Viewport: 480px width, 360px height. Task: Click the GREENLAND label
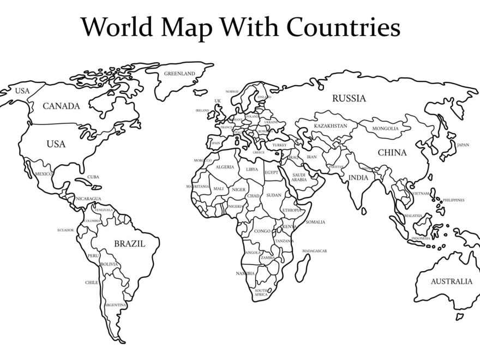pyautogui.click(x=179, y=73)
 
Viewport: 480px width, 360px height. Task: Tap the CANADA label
pyautogui.click(x=61, y=106)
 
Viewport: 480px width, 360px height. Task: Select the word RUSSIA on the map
pyautogui.click(x=349, y=99)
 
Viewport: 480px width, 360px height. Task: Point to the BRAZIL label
pyautogui.click(x=129, y=244)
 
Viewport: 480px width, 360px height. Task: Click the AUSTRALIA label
pyautogui.click(x=452, y=281)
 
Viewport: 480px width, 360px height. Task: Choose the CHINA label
pyautogui.click(x=392, y=153)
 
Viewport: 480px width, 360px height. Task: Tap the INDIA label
pyautogui.click(x=358, y=177)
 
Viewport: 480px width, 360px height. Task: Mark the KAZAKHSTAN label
pyautogui.click(x=330, y=126)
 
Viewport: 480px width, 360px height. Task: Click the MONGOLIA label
pyautogui.click(x=385, y=129)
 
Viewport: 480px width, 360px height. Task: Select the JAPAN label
pyautogui.click(x=463, y=145)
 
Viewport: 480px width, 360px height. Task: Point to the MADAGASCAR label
pyautogui.click(x=314, y=251)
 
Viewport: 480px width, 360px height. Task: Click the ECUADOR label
pyautogui.click(x=65, y=230)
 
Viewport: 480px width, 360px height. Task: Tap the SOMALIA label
pyautogui.click(x=315, y=222)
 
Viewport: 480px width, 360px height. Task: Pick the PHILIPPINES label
pyautogui.click(x=454, y=200)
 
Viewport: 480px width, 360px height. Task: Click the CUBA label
pyautogui.click(x=93, y=177)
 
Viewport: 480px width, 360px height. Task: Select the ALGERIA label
pyautogui.click(x=225, y=167)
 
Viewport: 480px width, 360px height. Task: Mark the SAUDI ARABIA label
pyautogui.click(x=299, y=177)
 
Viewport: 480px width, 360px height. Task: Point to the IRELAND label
pyautogui.click(x=202, y=110)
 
